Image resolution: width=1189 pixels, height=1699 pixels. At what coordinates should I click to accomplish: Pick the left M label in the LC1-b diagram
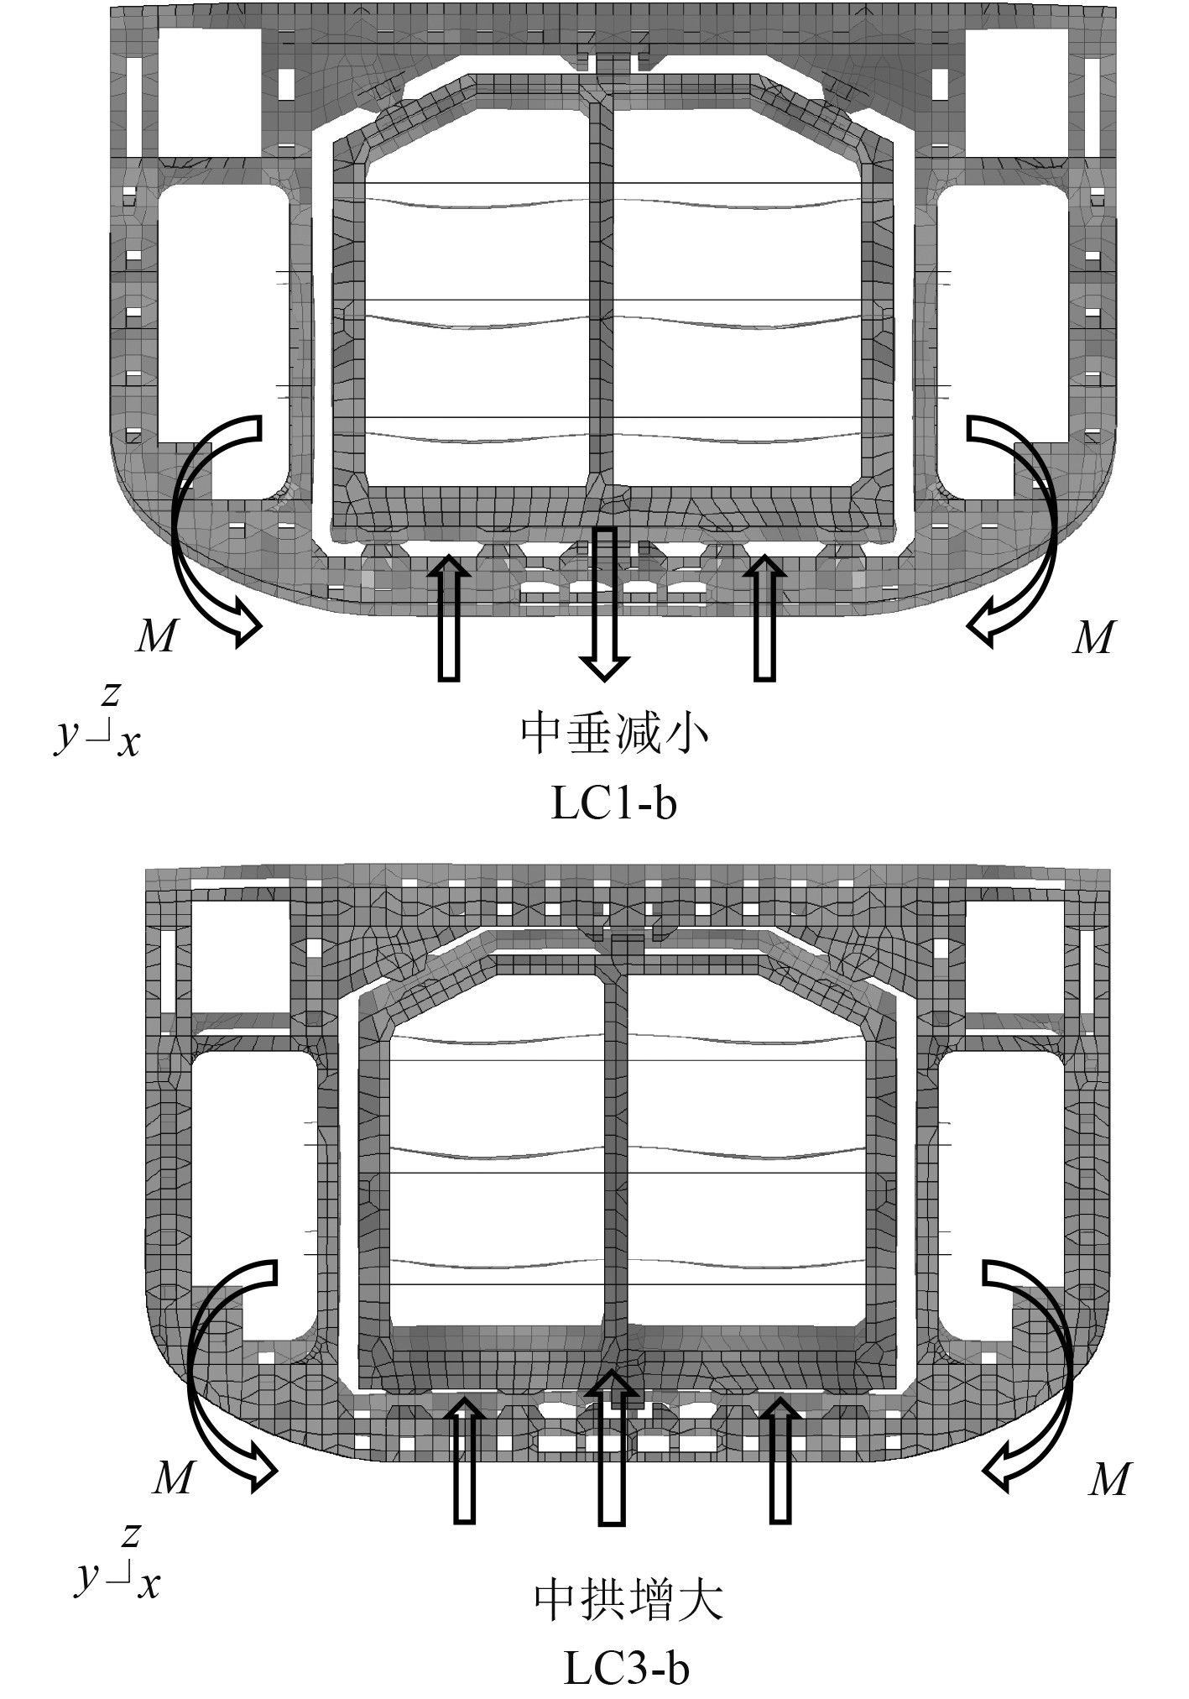tap(156, 637)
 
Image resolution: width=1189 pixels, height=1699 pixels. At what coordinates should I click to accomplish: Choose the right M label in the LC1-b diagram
tap(1093, 637)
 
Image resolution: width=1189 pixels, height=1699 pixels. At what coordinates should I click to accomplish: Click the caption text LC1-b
tap(613, 804)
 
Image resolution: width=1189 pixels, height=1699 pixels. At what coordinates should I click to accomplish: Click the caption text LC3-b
tap(626, 1668)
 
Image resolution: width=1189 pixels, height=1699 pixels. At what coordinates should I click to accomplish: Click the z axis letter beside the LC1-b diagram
tap(110, 694)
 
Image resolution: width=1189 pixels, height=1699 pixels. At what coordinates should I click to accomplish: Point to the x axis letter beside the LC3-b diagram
tap(149, 1585)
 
